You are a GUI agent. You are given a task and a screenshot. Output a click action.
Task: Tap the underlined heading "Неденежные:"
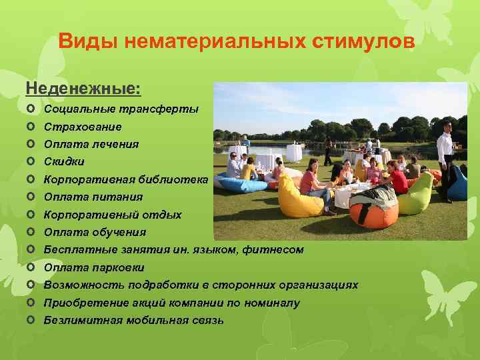(83, 88)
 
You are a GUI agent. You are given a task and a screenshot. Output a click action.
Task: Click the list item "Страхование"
(83, 126)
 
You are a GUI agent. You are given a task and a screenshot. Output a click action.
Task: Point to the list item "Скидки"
(64, 161)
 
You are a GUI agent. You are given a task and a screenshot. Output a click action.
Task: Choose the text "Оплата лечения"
(91, 144)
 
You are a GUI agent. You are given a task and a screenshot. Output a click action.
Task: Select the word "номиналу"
(270, 303)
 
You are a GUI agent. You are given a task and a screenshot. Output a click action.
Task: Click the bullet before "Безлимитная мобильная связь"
(31, 320)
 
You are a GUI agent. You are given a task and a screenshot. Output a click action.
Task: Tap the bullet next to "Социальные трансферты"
(31, 108)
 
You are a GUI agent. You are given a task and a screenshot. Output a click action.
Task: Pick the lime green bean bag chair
(417, 193)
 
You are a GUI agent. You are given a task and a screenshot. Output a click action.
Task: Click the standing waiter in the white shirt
(445, 157)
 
